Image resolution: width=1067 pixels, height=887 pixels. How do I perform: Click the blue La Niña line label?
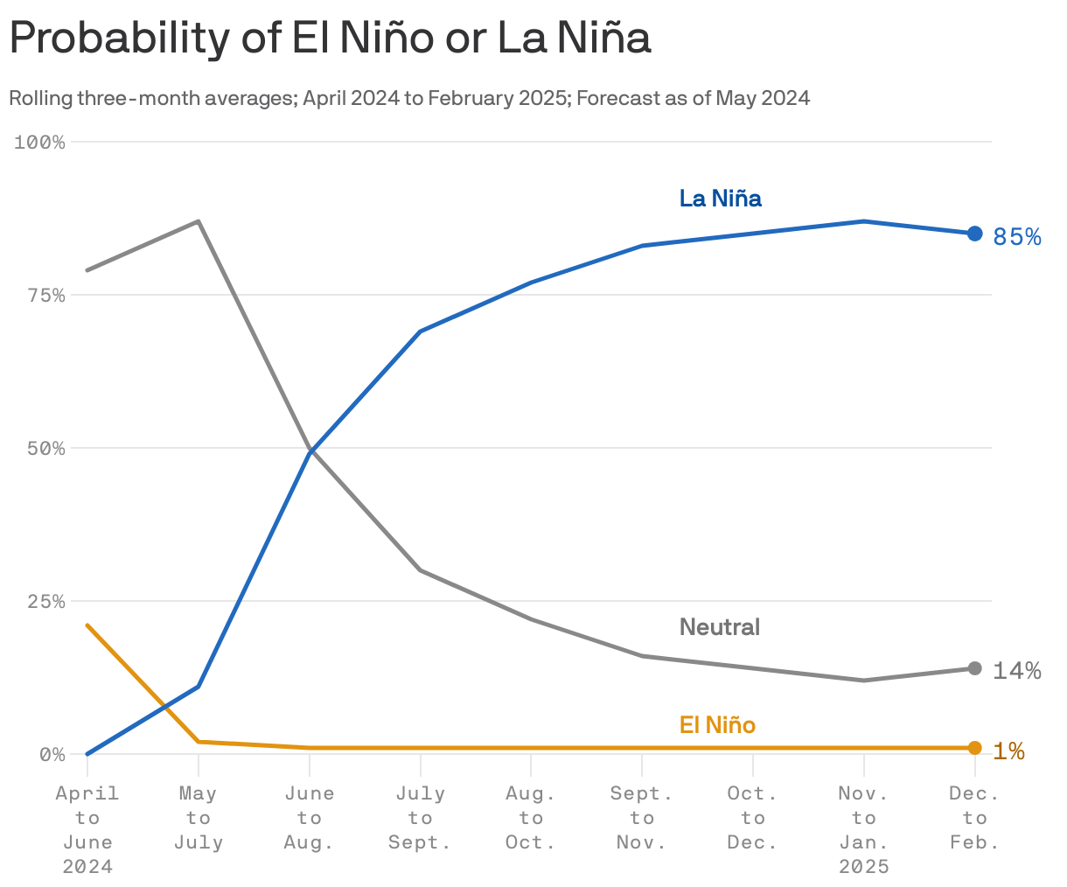[720, 199]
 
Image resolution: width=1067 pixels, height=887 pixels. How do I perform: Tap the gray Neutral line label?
[719, 627]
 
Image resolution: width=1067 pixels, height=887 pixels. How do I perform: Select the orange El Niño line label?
[717, 725]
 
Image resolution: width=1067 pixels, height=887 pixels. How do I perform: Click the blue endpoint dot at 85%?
[974, 234]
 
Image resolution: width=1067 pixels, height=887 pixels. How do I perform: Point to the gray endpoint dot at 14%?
[974, 668]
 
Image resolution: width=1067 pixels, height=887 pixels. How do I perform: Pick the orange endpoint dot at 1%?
[974, 748]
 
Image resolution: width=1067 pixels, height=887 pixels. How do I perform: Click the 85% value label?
[1017, 237]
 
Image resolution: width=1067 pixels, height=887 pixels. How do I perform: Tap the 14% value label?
[1016, 671]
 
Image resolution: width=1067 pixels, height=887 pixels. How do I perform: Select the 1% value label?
[1008, 751]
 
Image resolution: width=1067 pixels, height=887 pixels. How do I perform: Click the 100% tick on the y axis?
[40, 142]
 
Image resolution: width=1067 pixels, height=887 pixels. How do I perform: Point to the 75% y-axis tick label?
[45, 296]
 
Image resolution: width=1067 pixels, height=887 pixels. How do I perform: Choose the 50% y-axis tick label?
[45, 449]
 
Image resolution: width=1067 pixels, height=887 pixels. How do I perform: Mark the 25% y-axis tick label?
[45, 602]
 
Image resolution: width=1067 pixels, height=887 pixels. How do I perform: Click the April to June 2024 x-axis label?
[87, 829]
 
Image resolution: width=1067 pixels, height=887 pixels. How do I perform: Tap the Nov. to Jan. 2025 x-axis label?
[863, 829]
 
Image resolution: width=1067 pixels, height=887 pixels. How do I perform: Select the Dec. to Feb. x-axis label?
[974, 818]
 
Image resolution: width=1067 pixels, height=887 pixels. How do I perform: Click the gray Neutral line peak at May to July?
[199, 221]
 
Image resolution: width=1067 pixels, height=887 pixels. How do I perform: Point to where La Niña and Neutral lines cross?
[310, 450]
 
